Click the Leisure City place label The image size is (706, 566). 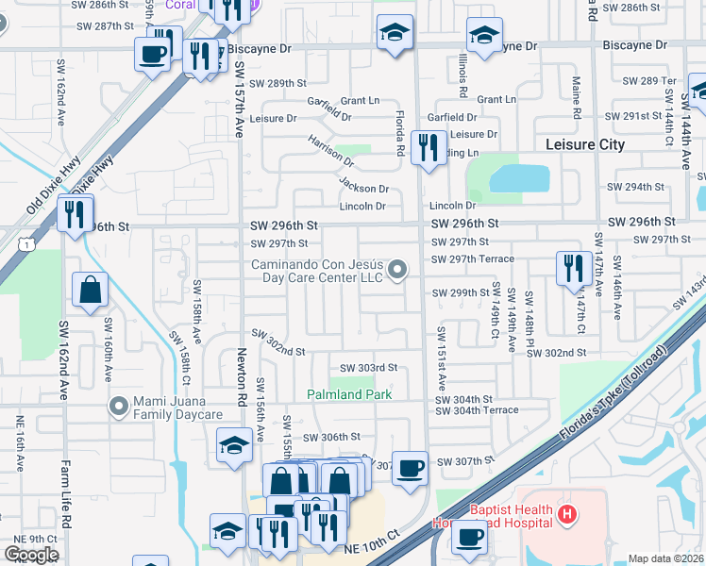(585, 144)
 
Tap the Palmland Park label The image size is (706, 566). (349, 394)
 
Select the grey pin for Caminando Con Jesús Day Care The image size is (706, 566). (398, 271)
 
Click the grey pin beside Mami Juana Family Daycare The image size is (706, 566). (118, 407)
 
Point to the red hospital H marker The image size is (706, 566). (566, 514)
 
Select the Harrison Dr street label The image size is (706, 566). (329, 151)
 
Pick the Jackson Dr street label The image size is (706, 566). (363, 189)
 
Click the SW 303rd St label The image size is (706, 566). (368, 368)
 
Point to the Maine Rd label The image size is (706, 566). (575, 98)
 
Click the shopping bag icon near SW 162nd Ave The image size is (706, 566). (90, 291)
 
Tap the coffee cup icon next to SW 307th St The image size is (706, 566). (410, 469)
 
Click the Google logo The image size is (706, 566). (31, 554)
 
